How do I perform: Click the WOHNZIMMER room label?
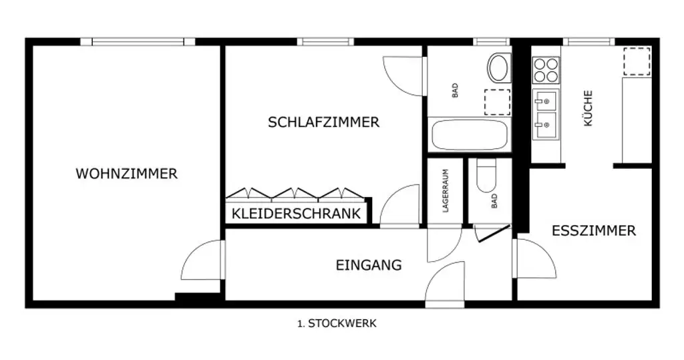(x=126, y=174)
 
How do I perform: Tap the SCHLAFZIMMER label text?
(x=323, y=122)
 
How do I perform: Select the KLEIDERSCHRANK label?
(x=297, y=214)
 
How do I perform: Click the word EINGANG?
(x=368, y=265)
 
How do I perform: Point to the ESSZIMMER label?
(x=593, y=231)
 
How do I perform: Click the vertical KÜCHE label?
(x=588, y=109)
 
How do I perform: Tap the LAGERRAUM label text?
(x=446, y=191)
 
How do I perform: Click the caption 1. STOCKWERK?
(x=337, y=323)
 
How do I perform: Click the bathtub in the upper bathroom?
(x=470, y=135)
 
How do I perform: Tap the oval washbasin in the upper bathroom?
(x=498, y=67)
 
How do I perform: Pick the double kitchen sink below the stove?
(x=546, y=112)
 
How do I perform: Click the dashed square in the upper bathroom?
(x=496, y=102)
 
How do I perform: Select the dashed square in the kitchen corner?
(x=637, y=61)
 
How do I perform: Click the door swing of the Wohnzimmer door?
(x=200, y=261)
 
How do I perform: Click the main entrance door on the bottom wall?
(x=445, y=284)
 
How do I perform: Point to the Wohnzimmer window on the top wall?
(x=138, y=41)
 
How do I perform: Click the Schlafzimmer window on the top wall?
(x=325, y=41)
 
